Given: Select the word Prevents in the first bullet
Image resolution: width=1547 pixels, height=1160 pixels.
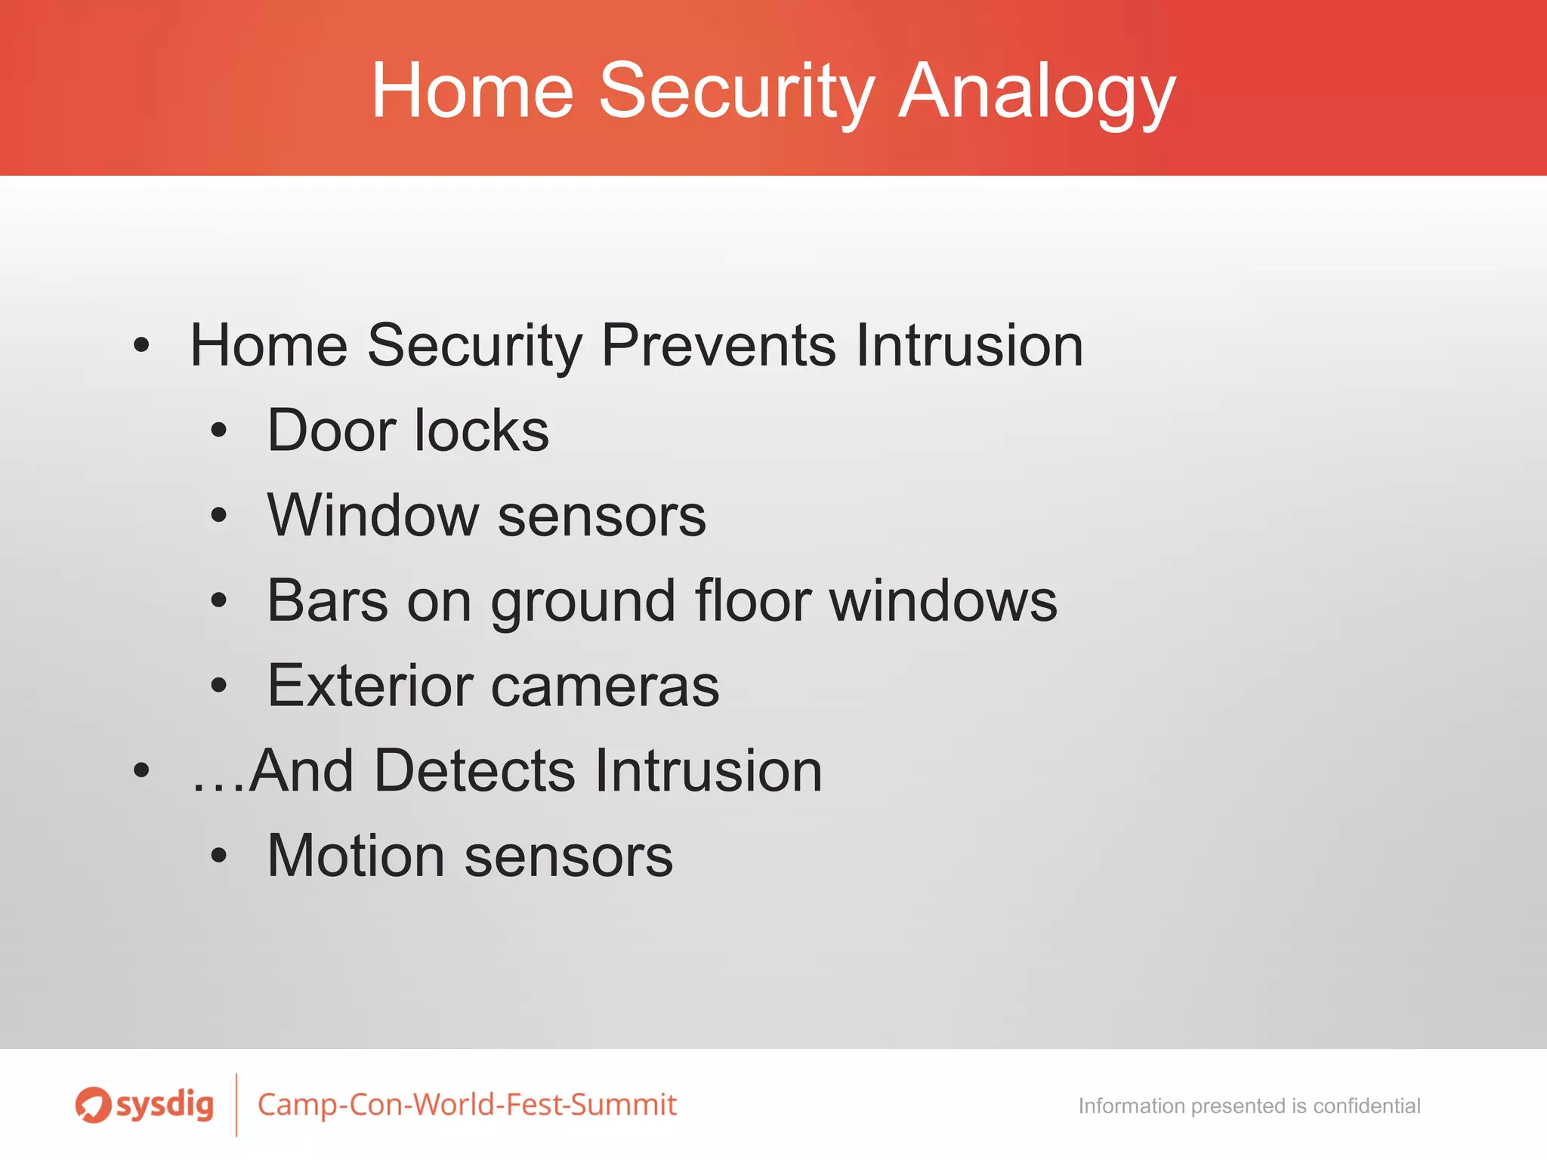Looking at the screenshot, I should tap(718, 345).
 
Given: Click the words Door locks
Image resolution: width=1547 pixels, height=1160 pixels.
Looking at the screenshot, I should tap(408, 430).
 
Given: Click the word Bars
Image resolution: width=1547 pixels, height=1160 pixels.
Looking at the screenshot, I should tap(327, 600).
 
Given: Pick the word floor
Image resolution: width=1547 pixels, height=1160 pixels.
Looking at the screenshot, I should tap(752, 600).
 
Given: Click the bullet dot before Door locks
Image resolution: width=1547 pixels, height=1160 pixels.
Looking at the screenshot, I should tap(219, 430).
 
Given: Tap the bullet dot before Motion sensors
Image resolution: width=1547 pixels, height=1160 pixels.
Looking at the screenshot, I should tap(219, 856).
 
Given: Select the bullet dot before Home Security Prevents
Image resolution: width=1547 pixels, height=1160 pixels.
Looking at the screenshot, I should tap(141, 345).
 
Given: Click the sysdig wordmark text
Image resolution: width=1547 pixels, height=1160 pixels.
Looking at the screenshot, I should tap(165, 1105).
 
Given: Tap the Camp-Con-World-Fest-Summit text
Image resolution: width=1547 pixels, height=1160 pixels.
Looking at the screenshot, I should tap(467, 1105).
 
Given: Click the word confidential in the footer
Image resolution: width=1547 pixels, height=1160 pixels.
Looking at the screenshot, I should tap(1366, 1106).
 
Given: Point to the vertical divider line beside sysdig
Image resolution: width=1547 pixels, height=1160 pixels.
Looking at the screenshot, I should tap(236, 1104).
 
